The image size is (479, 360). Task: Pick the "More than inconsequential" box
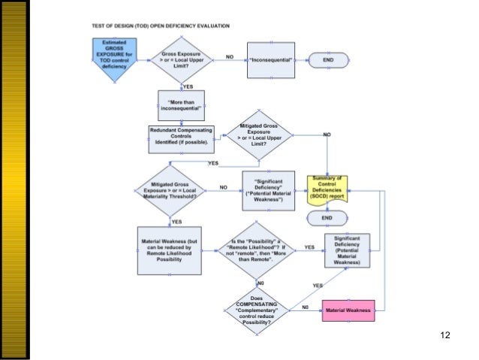180,104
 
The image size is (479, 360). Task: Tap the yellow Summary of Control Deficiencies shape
327,188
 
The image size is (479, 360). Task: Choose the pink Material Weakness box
347,310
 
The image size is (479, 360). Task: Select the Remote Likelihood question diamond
258,249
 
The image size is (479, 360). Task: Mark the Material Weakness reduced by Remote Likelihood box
169,250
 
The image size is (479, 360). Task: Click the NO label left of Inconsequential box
230,56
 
